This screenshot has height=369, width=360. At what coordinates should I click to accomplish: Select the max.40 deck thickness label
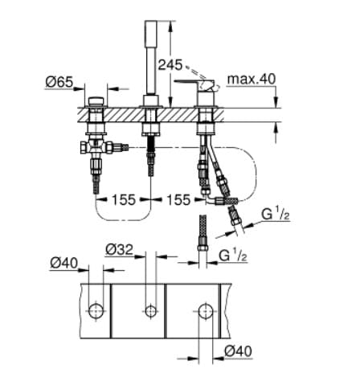[251, 80]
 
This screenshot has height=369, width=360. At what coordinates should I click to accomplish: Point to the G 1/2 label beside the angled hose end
[275, 215]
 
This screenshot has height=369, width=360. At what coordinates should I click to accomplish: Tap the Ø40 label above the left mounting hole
[63, 261]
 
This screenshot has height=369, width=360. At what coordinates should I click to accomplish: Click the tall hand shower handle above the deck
[150, 52]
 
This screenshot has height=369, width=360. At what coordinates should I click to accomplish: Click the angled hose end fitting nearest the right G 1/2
[235, 215]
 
